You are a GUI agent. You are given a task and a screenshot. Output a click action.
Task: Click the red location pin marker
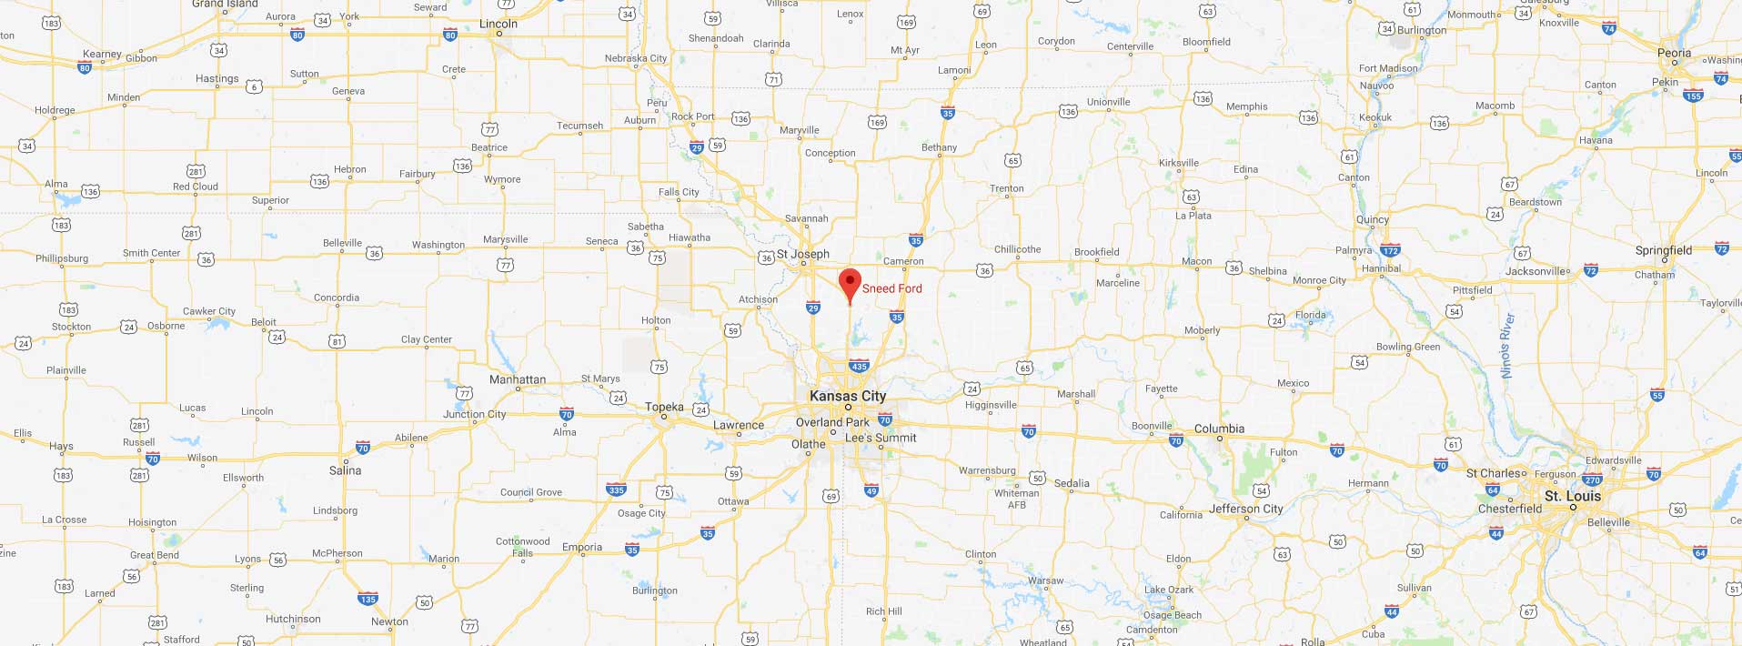pyautogui.click(x=849, y=283)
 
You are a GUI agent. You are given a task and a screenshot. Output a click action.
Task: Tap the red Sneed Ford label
pyautogui.click(x=891, y=288)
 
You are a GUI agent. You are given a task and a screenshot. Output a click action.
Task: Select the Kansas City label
pyautogui.click(x=847, y=396)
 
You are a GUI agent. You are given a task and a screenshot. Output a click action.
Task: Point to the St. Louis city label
pyautogui.click(x=1572, y=496)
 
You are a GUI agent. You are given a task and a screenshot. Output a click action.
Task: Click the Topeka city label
pyautogui.click(x=664, y=407)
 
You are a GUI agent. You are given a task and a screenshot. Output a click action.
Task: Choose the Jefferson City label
pyautogui.click(x=1245, y=509)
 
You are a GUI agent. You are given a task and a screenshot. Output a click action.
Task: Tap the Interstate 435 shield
pyautogui.click(x=859, y=367)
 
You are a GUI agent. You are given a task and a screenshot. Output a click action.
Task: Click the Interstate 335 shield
pyautogui.click(x=616, y=490)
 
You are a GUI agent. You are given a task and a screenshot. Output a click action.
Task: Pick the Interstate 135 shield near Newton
pyautogui.click(x=368, y=599)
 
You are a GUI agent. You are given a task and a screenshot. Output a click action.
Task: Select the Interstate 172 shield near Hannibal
pyautogui.click(x=1390, y=251)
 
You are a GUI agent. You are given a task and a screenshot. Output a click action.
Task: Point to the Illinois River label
pyautogui.click(x=1506, y=346)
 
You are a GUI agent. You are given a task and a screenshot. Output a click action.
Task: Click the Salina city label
pyautogui.click(x=345, y=470)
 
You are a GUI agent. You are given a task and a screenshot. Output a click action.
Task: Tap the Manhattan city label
pyautogui.click(x=518, y=379)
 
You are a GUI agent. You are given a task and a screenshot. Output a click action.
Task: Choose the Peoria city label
pyautogui.click(x=1674, y=53)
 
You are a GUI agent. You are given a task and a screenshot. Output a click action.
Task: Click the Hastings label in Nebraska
pyautogui.click(x=216, y=78)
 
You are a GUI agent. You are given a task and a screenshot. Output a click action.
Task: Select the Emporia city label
pyautogui.click(x=582, y=547)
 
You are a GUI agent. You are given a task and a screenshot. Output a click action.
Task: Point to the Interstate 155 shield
pyautogui.click(x=1693, y=96)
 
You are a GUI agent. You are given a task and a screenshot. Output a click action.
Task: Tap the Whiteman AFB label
pyautogui.click(x=1016, y=499)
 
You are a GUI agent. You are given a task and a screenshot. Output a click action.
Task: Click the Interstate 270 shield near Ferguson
pyautogui.click(x=1591, y=480)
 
